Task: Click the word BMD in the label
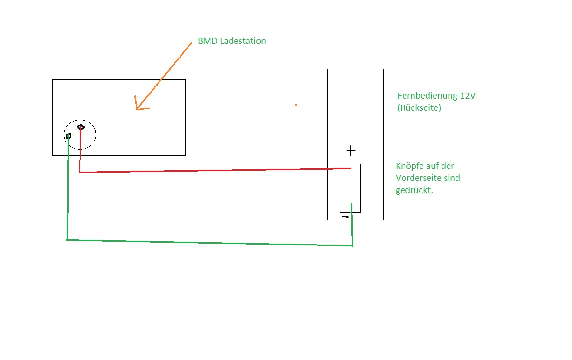207,41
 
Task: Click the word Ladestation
243,41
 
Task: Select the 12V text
468,96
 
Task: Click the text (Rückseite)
420,108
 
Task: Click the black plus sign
351,151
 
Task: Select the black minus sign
345,217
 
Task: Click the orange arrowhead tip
137,109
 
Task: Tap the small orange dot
296,105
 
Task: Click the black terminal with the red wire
81,127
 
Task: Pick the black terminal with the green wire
68,136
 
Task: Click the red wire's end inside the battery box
351,168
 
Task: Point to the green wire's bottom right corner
352,245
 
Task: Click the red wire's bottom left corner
80,173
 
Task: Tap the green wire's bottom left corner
67,240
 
